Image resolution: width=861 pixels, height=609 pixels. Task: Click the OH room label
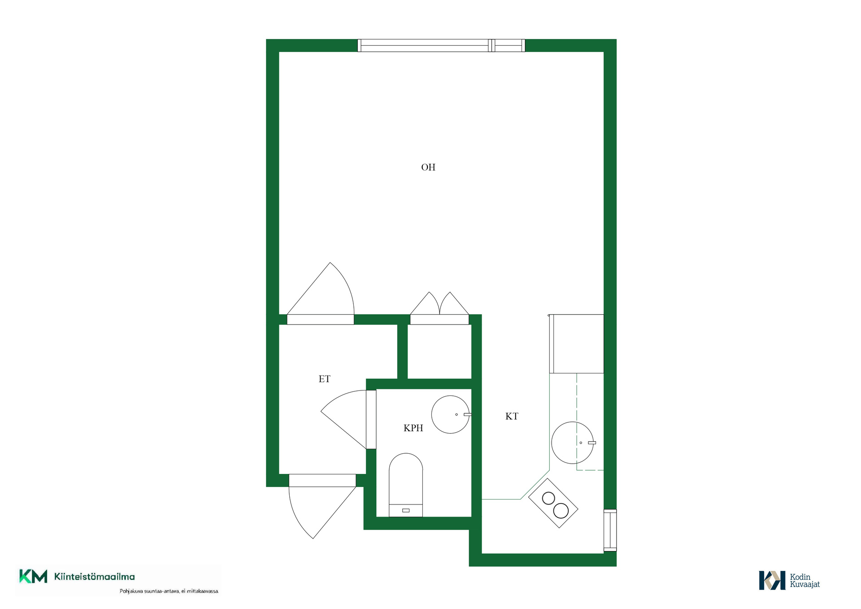click(428, 167)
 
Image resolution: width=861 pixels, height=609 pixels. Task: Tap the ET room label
click(324, 379)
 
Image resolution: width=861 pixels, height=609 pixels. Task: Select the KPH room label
click(413, 428)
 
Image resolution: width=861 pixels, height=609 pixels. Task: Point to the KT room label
click(512, 416)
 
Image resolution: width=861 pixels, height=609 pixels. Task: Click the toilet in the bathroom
click(406, 485)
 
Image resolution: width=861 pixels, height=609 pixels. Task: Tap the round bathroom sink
click(450, 414)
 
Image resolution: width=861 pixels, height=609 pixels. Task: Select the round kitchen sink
click(572, 443)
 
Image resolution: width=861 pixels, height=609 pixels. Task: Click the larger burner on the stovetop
click(561, 511)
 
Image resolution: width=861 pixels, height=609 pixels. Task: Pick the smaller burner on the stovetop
click(548, 498)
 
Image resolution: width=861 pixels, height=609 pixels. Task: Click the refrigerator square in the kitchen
click(577, 344)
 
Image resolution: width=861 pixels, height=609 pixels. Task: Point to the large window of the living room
click(441, 45)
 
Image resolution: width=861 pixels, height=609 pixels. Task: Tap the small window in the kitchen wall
click(610, 530)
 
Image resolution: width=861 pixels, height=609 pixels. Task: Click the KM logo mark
click(33, 576)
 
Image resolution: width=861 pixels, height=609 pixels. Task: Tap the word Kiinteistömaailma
click(94, 577)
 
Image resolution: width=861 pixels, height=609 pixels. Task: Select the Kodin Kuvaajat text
click(804, 580)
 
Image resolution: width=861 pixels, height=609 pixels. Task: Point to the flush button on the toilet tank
click(406, 510)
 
